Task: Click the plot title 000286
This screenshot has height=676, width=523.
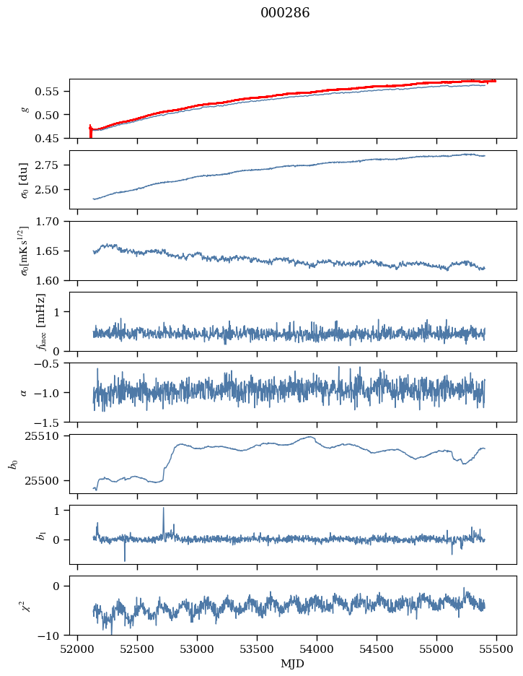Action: pyautogui.click(x=285, y=13)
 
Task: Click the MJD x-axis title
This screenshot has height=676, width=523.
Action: pyautogui.click(x=292, y=664)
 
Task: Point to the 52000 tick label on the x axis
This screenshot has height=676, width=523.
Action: pyautogui.click(x=77, y=649)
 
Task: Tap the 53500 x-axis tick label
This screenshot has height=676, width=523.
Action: pyautogui.click(x=257, y=649)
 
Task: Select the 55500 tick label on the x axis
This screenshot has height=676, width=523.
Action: pyautogui.click(x=496, y=649)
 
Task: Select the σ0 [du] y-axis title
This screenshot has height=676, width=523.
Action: pyautogui.click(x=24, y=181)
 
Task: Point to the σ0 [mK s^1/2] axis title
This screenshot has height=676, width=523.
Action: pyautogui.click(x=24, y=251)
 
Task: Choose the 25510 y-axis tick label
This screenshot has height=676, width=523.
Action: pyautogui.click(x=45, y=436)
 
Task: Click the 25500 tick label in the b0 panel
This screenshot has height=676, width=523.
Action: pyautogui.click(x=45, y=481)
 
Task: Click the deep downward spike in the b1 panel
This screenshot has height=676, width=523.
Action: pyautogui.click(x=125, y=552)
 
